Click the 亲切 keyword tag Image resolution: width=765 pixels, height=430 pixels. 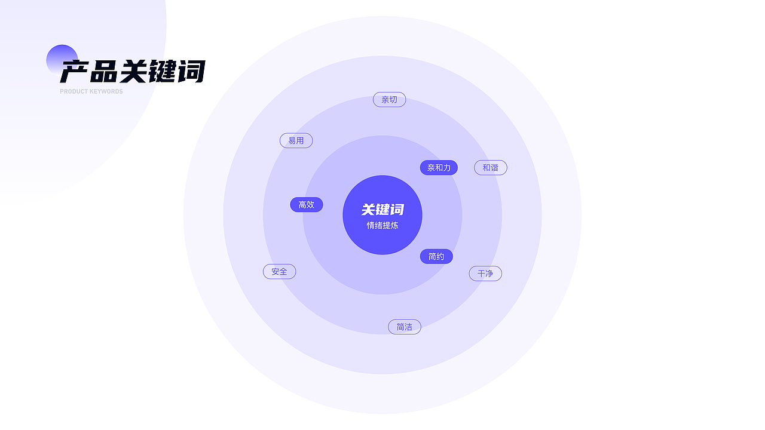[x=389, y=100]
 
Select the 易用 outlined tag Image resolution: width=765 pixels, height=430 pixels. [x=296, y=140]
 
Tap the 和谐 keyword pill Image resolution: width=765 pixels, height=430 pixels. [x=490, y=168]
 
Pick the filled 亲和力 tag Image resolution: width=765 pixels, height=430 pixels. [x=439, y=168]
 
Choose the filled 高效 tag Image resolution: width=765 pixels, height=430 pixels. [x=306, y=205]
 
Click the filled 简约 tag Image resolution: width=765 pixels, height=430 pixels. [x=436, y=257]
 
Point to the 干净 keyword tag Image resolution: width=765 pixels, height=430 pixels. [x=485, y=274]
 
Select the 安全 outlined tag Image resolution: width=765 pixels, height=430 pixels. [x=279, y=272]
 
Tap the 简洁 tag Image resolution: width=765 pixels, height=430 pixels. [x=404, y=327]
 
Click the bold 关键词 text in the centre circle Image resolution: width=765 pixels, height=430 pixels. [x=382, y=210]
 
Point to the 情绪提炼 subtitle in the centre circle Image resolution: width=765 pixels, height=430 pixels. [x=382, y=226]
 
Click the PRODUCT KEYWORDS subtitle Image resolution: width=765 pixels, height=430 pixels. [x=91, y=91]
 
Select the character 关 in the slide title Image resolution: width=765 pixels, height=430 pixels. [x=133, y=72]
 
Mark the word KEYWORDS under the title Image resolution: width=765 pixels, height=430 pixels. [x=107, y=91]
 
